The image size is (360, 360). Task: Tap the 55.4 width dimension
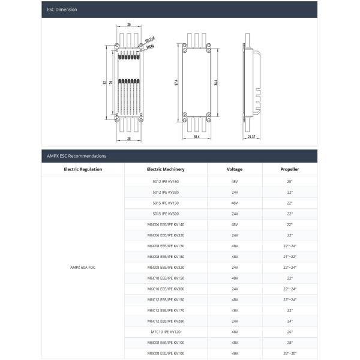[196, 137]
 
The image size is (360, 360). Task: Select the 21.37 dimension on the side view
[252, 137]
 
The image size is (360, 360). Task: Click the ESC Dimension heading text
[62, 10]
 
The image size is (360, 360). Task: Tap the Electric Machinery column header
[166, 169]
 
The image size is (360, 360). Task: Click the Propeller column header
[290, 169]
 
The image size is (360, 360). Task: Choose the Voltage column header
[235, 169]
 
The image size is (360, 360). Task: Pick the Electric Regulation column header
[83, 169]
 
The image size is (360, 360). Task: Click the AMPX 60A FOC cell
[83, 267]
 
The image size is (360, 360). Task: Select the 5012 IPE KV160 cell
[166, 181]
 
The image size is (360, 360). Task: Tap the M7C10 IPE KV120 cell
[166, 332]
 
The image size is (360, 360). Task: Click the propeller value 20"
[290, 181]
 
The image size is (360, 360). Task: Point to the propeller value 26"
[290, 332]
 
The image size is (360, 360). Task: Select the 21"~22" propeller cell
[290, 256]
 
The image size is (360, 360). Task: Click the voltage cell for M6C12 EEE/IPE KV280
[235, 321]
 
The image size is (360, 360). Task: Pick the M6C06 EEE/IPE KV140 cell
[166, 224]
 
